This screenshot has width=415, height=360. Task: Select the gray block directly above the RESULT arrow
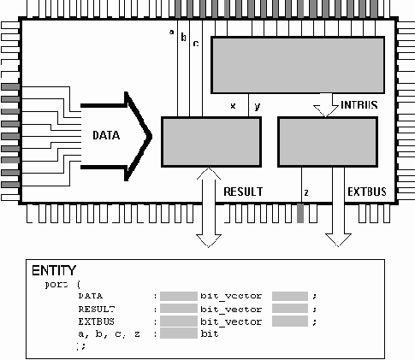[211, 141]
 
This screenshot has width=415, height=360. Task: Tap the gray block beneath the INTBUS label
[328, 141]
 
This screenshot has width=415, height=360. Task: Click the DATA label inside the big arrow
[107, 135]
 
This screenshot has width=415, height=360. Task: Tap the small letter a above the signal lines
[171, 33]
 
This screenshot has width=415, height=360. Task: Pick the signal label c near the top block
[195, 43]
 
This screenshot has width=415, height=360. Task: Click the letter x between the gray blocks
[233, 106]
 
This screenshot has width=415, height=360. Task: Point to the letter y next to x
[257, 106]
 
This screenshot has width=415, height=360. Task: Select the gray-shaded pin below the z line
[300, 214]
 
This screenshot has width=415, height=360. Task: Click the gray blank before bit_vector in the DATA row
[179, 295]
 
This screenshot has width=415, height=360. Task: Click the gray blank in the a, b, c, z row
[179, 333]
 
